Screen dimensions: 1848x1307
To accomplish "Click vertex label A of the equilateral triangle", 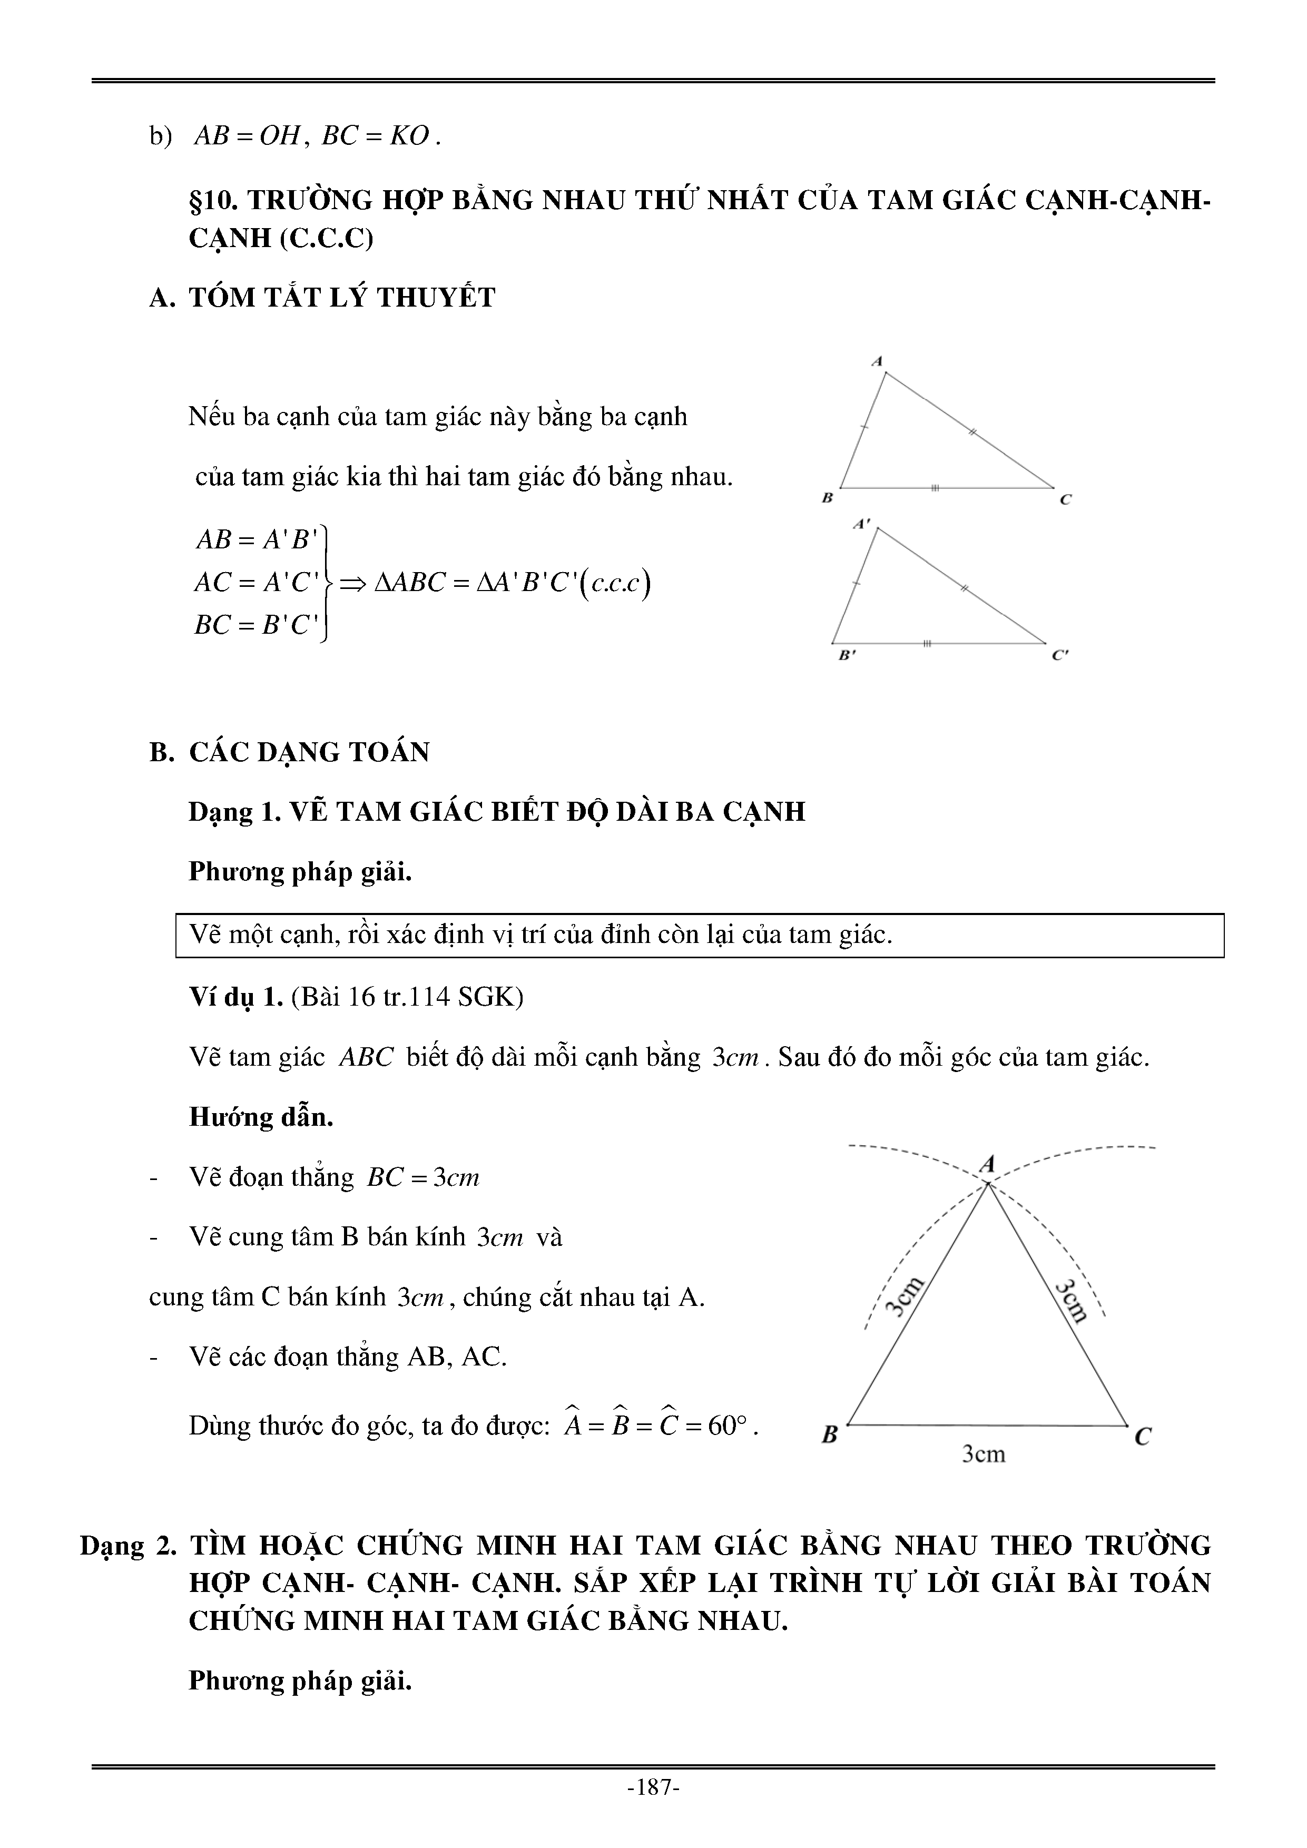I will (987, 1163).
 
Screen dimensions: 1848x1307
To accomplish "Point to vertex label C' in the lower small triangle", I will (1061, 655).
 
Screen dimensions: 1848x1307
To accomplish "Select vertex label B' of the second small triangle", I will (847, 655).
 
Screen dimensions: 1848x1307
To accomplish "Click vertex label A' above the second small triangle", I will (861, 524).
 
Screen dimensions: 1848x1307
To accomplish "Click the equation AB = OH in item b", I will (246, 136).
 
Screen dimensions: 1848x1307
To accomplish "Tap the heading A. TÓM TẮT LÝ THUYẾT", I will (322, 298).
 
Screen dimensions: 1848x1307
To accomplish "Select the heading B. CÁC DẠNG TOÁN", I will (290, 752).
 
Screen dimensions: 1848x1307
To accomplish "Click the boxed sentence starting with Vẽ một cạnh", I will (541, 935).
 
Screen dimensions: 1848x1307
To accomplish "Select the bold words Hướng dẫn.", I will (261, 1117).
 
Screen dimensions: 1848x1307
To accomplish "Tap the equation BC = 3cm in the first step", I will (424, 1177).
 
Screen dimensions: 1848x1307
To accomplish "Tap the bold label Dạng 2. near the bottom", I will (126, 1546).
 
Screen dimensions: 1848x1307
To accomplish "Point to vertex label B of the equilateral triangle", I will (830, 1434).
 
